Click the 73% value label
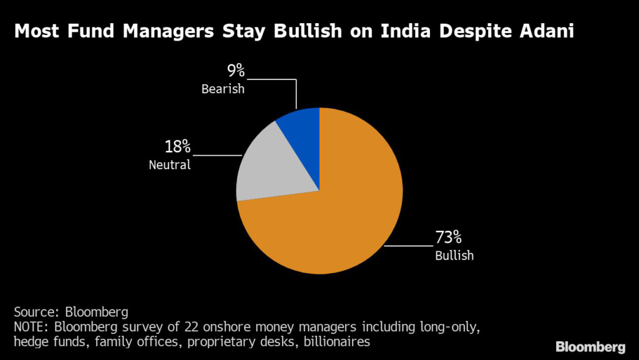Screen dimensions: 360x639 point(448,238)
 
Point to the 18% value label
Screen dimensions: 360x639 point(178,147)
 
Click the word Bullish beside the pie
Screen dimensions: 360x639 point(454,255)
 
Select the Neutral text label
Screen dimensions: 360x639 point(169,165)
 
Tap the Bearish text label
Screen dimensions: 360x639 point(223,89)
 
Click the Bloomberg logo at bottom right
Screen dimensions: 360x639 point(590,346)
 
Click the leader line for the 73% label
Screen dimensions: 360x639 point(409,246)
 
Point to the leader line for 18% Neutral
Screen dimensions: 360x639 point(218,155)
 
